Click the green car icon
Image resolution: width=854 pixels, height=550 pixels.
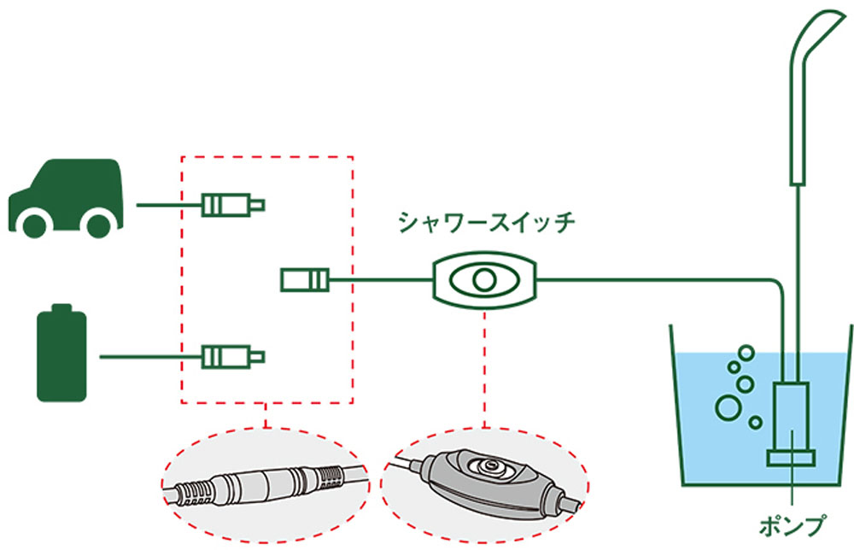[x=66, y=198]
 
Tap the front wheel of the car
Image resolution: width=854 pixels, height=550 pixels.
[x=35, y=225]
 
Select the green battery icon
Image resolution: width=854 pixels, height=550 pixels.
[x=61, y=353]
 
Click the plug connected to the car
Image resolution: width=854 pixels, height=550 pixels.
[x=233, y=205]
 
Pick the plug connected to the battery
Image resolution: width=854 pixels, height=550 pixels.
[x=233, y=357]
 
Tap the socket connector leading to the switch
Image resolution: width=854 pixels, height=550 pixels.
[x=305, y=280]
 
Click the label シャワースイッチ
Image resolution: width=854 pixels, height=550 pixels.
[x=487, y=223]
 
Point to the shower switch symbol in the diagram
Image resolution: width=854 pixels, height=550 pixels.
[x=485, y=280]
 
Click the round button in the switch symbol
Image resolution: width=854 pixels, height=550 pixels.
[x=484, y=280]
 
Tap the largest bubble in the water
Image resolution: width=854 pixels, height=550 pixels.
[x=728, y=407]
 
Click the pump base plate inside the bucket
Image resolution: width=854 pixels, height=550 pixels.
[x=792, y=458]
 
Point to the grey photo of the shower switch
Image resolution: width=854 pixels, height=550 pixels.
[x=484, y=484]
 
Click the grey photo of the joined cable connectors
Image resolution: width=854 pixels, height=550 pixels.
[x=266, y=484]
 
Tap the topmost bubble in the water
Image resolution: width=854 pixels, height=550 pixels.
[x=746, y=353]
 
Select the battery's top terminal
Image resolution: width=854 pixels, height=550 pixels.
[x=61, y=307]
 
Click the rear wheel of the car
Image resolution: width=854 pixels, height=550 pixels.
[x=98, y=225]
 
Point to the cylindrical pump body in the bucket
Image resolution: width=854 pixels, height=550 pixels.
[x=792, y=417]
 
